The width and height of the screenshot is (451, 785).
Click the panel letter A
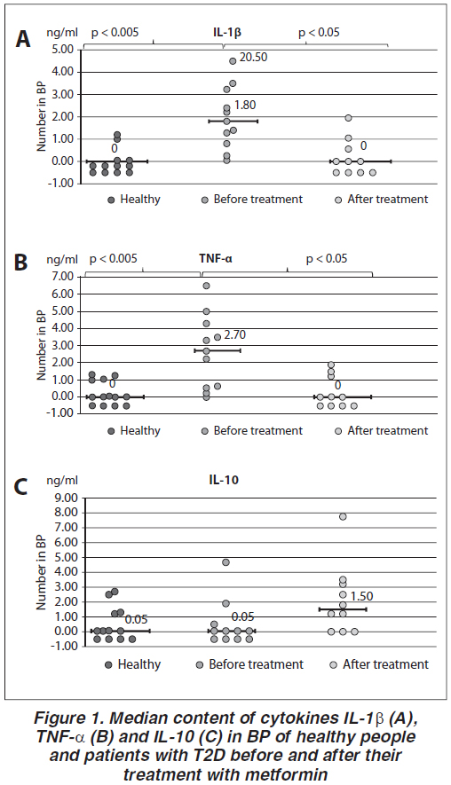click(x=23, y=39)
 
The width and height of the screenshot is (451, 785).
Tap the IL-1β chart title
click(x=224, y=34)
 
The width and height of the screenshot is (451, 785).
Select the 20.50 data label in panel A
click(x=253, y=57)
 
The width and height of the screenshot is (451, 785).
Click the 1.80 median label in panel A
click(x=245, y=106)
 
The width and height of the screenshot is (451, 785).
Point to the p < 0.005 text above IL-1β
click(x=115, y=33)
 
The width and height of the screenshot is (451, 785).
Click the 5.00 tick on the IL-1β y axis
click(x=63, y=50)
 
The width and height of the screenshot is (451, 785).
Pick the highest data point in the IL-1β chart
click(x=233, y=61)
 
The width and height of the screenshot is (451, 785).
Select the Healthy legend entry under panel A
click(x=134, y=200)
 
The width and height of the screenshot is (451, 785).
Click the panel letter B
click(x=21, y=263)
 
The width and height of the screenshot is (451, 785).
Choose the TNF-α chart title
click(x=216, y=259)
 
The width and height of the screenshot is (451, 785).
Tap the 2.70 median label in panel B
click(x=235, y=335)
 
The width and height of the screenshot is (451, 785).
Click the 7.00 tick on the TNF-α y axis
click(x=63, y=277)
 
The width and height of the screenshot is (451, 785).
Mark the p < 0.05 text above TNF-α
click(x=327, y=259)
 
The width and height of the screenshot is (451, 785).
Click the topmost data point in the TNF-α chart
click(x=206, y=286)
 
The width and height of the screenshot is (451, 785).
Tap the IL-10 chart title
click(x=224, y=480)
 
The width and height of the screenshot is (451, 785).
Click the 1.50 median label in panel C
click(x=362, y=597)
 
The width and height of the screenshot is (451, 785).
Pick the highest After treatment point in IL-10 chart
click(x=343, y=516)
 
